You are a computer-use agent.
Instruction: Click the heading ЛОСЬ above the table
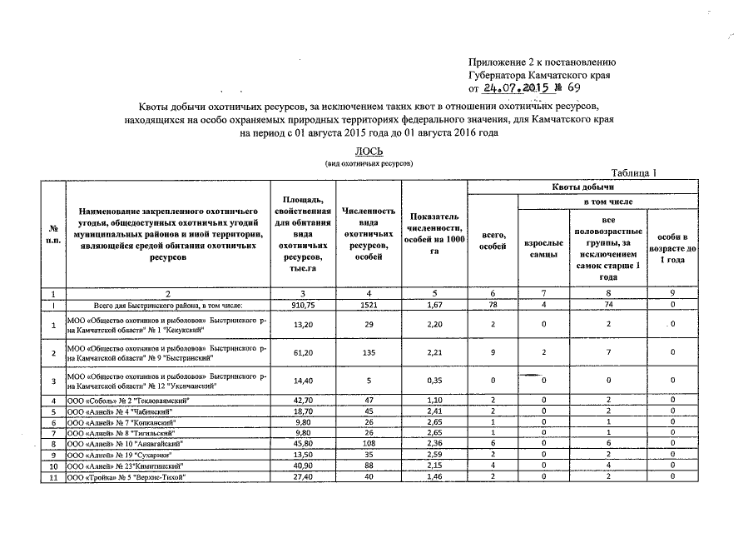coord(369,151)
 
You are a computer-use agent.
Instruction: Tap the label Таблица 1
coord(634,173)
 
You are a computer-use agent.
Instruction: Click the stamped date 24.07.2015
coord(524,89)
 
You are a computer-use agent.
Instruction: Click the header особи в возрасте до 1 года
coord(673,248)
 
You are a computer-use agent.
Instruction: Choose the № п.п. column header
coord(53,235)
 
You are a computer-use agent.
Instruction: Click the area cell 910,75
coord(296,306)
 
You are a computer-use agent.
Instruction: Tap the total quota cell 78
coord(493,306)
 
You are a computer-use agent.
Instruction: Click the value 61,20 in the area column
coord(296,352)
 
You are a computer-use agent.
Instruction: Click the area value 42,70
coord(296,401)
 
